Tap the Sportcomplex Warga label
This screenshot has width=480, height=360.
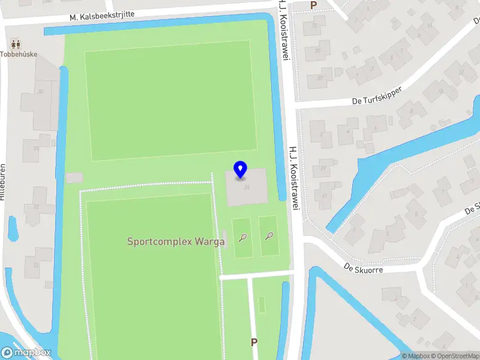(x=176, y=242)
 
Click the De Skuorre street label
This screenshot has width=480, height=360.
(x=363, y=268)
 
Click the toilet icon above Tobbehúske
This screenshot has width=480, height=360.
(x=16, y=43)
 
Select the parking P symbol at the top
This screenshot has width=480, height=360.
(x=313, y=5)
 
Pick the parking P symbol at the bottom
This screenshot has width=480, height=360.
(x=254, y=342)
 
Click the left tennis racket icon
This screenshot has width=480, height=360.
(x=242, y=237)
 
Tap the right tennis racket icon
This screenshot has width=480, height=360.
(x=269, y=236)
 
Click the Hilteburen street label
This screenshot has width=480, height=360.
(x=3, y=182)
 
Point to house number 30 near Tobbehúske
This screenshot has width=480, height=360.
(x=41, y=92)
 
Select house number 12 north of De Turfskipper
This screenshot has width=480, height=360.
(x=461, y=73)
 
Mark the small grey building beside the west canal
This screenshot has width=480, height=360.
(x=74, y=178)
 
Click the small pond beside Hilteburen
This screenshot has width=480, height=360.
(x=12, y=228)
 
